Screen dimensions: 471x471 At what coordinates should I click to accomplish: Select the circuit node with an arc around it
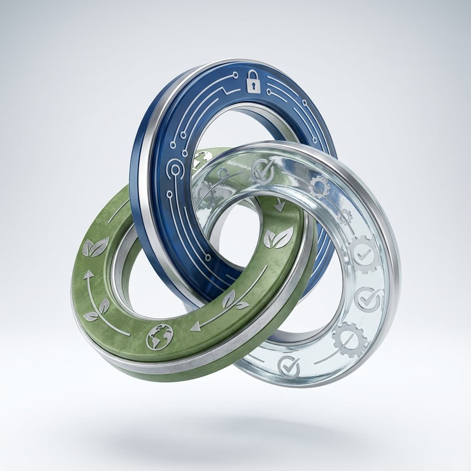point(175,167)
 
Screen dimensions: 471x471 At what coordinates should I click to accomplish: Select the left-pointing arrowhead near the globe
point(195,326)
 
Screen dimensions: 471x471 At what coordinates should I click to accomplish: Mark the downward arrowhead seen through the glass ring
point(279,207)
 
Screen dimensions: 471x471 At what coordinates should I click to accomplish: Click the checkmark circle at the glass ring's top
point(264,172)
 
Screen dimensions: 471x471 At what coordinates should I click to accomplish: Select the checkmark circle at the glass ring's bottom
point(289,367)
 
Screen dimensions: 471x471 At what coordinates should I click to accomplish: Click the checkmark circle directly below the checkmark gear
point(368,299)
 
